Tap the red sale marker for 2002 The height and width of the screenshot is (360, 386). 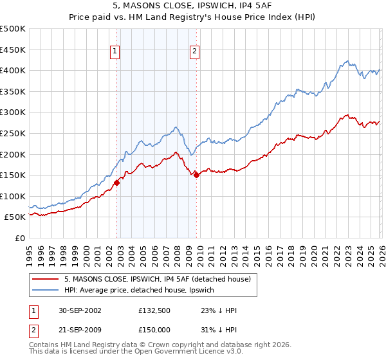click(x=117, y=183)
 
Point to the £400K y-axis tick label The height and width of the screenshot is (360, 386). click(x=13, y=71)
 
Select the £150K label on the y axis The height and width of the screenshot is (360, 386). click(x=13, y=175)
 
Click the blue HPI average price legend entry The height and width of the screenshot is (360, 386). click(x=142, y=291)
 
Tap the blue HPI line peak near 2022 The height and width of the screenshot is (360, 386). click(x=347, y=62)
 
